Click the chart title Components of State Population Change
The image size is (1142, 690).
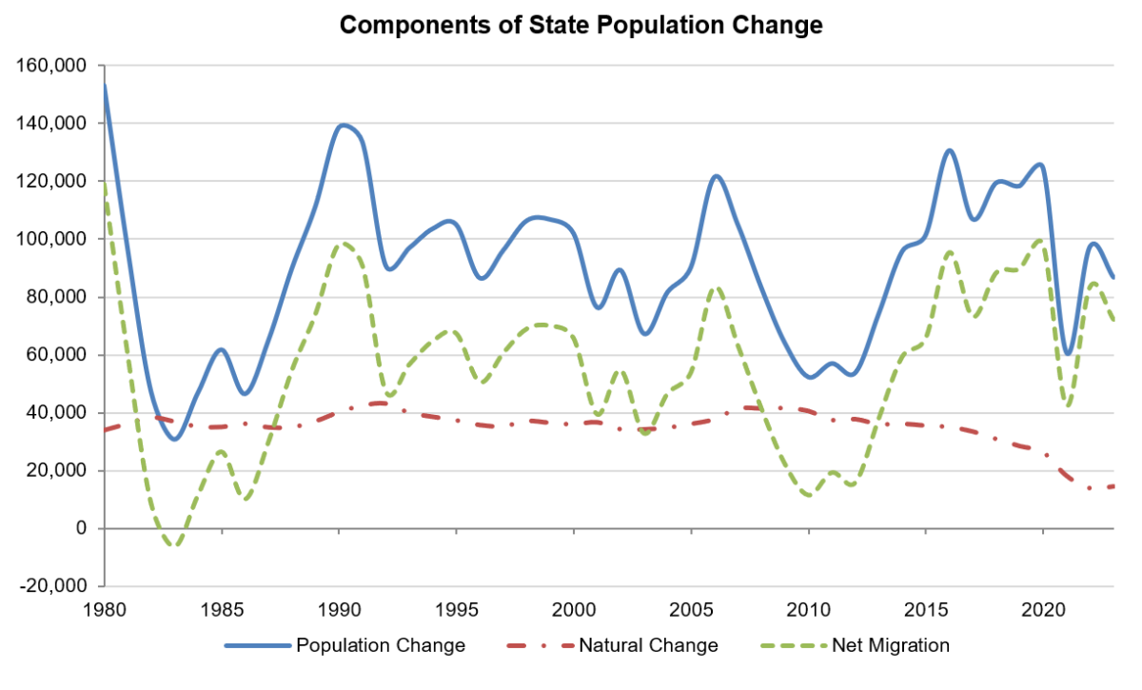click(x=581, y=26)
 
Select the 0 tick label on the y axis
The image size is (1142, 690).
click(x=80, y=528)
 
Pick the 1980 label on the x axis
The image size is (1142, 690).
click(x=105, y=607)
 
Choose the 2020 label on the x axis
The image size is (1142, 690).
click(x=1043, y=607)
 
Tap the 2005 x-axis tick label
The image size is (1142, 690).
click(x=691, y=607)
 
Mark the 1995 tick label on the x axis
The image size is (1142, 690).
click(x=457, y=607)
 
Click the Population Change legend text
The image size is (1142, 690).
click(x=381, y=645)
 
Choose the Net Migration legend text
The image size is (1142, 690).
click(x=891, y=645)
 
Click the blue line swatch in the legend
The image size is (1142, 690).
click(x=257, y=645)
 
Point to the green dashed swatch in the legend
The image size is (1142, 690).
click(x=794, y=645)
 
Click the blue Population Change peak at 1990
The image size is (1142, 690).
click(x=342, y=125)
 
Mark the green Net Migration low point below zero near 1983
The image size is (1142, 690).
click(x=174, y=545)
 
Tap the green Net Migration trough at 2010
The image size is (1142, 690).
click(x=809, y=495)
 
